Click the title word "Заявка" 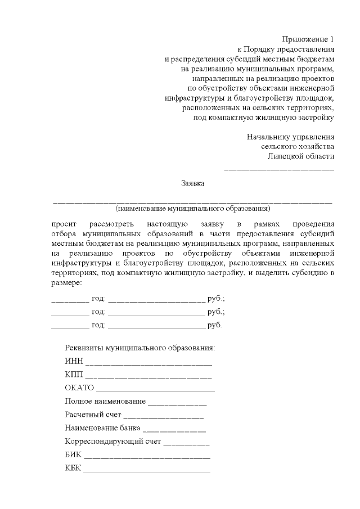(x=193, y=183)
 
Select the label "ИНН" (x=73, y=361)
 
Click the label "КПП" (x=74, y=375)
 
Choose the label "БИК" (x=73, y=455)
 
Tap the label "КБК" (x=73, y=469)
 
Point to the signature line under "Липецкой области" (x=279, y=169)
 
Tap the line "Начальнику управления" (x=291, y=137)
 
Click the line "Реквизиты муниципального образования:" (x=140, y=348)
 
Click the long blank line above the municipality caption (x=192, y=201)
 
